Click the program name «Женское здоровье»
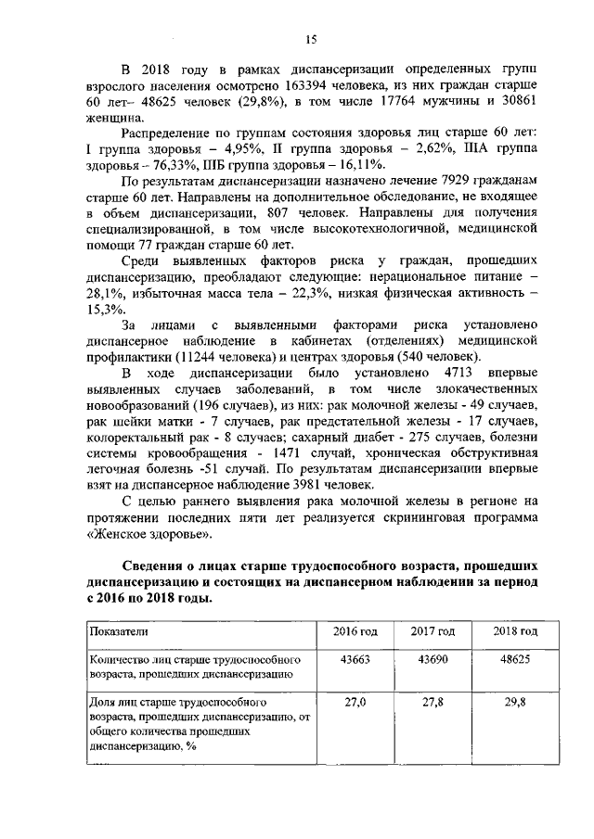[x=149, y=534]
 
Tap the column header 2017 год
[x=433, y=631]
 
